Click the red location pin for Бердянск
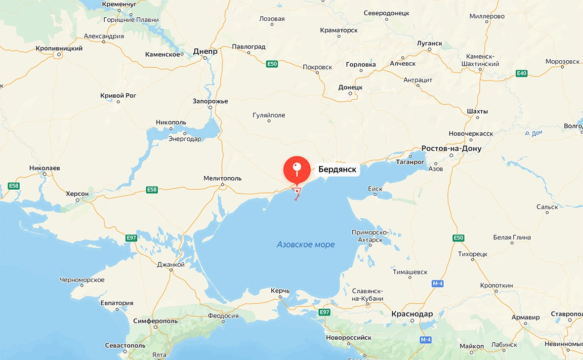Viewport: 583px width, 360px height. click(x=296, y=169)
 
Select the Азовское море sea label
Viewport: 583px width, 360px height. click(x=305, y=244)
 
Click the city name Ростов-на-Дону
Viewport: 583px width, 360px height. click(x=451, y=148)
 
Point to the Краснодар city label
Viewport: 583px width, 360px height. click(x=412, y=314)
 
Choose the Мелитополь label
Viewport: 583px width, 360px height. click(x=222, y=178)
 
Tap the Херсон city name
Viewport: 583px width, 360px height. click(x=77, y=194)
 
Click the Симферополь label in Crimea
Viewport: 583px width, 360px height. click(x=155, y=321)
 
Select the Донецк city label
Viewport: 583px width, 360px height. click(x=350, y=87)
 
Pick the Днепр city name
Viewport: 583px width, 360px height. click(x=205, y=51)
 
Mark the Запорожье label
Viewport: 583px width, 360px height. click(x=210, y=101)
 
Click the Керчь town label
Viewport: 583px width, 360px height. click(x=280, y=291)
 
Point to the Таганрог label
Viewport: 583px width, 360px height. click(x=410, y=161)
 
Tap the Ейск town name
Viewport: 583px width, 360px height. click(x=375, y=189)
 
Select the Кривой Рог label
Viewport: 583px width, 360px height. click(x=118, y=95)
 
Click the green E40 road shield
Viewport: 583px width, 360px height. click(x=521, y=74)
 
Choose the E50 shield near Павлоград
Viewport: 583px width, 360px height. click(x=272, y=64)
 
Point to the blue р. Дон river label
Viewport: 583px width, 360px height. click(x=534, y=133)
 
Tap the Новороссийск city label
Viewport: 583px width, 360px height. click(x=348, y=337)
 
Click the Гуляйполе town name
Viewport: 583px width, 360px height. click(x=269, y=115)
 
